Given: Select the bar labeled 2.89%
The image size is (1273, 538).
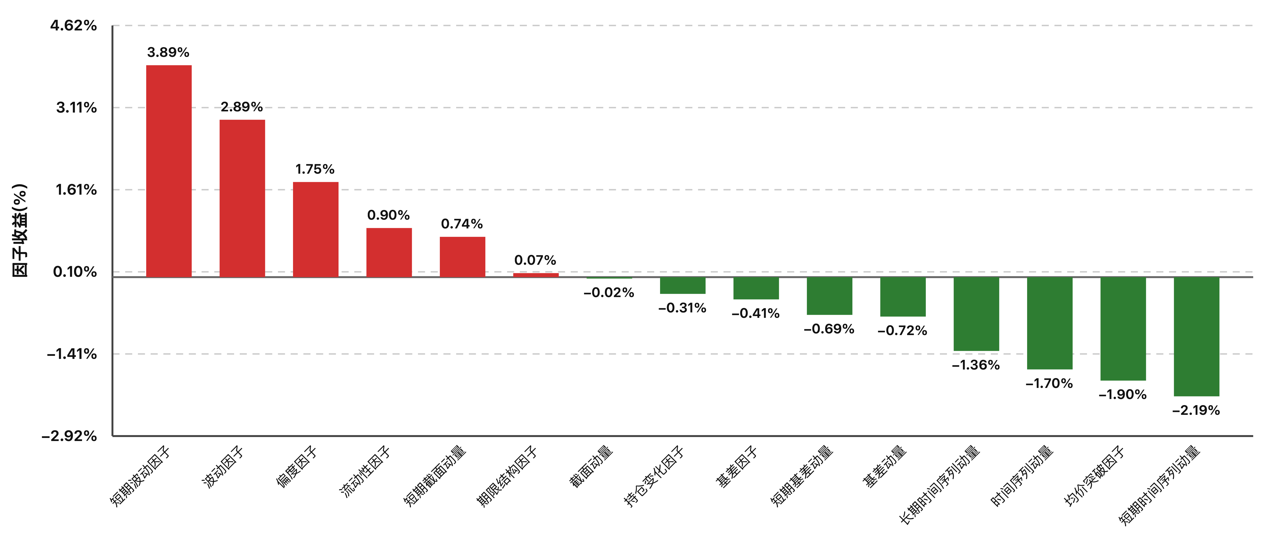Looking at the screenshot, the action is point(242,198).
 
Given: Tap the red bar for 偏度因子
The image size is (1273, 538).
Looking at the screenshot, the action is point(316,229).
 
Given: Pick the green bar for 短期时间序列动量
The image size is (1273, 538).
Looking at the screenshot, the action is point(1196,337).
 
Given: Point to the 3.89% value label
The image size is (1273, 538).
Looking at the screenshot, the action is point(169,52).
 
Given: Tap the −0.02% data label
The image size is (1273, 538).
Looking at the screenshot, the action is point(609,293).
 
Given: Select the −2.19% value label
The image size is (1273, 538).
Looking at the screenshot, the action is point(1196,410).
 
